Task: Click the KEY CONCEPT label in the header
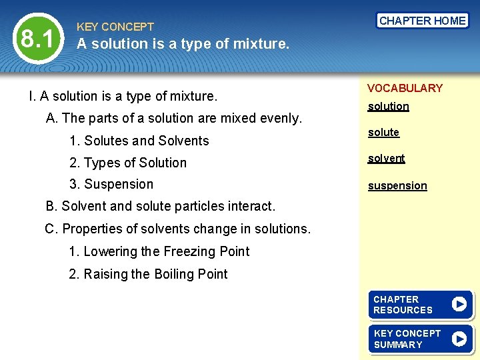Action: point(115,27)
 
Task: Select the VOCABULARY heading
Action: point(405,88)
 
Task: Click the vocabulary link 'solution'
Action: point(389,106)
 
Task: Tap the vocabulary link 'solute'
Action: point(383,132)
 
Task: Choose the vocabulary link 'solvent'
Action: point(387,158)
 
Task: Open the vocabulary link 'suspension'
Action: point(397,185)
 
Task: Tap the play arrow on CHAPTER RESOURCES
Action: point(459,304)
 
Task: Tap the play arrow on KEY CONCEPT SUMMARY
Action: point(459,339)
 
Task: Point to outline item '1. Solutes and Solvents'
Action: point(139,141)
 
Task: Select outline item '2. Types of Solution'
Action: point(128,163)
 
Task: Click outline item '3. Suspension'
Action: point(111,185)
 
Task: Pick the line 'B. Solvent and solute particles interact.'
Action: point(160,207)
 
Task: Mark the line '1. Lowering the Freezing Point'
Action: point(159,251)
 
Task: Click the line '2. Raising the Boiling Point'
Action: point(149,274)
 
